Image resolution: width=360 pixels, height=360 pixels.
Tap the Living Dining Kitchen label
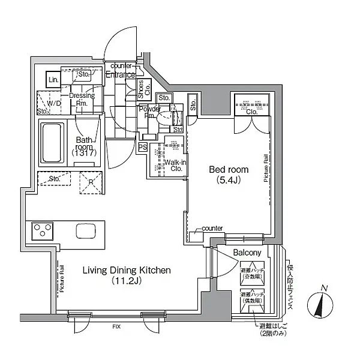[126, 271]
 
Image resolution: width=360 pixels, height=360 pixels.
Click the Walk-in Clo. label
[174, 165]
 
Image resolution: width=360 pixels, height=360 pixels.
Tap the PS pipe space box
[143, 146]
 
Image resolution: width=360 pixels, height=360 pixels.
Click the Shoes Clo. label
[141, 89]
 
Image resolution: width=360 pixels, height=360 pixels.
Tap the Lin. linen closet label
[53, 80]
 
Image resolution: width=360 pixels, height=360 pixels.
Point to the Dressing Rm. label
[79, 99]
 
